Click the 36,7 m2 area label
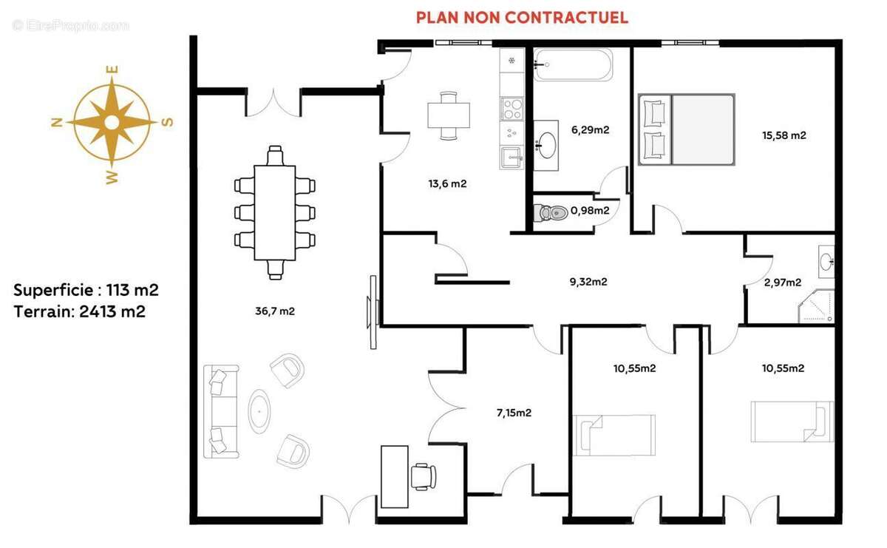275,311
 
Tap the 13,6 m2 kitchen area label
449,184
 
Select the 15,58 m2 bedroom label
784,135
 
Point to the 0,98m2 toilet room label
590,211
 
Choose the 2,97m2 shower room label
782,282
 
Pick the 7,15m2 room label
513,413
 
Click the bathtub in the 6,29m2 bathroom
574,65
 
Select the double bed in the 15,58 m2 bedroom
687,129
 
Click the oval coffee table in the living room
259,411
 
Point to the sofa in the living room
220,411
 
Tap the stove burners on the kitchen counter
512,109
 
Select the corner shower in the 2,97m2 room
819,307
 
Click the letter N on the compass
56,123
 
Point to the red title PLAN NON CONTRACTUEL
522,17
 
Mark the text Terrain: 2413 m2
80,311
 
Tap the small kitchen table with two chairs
449,115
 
